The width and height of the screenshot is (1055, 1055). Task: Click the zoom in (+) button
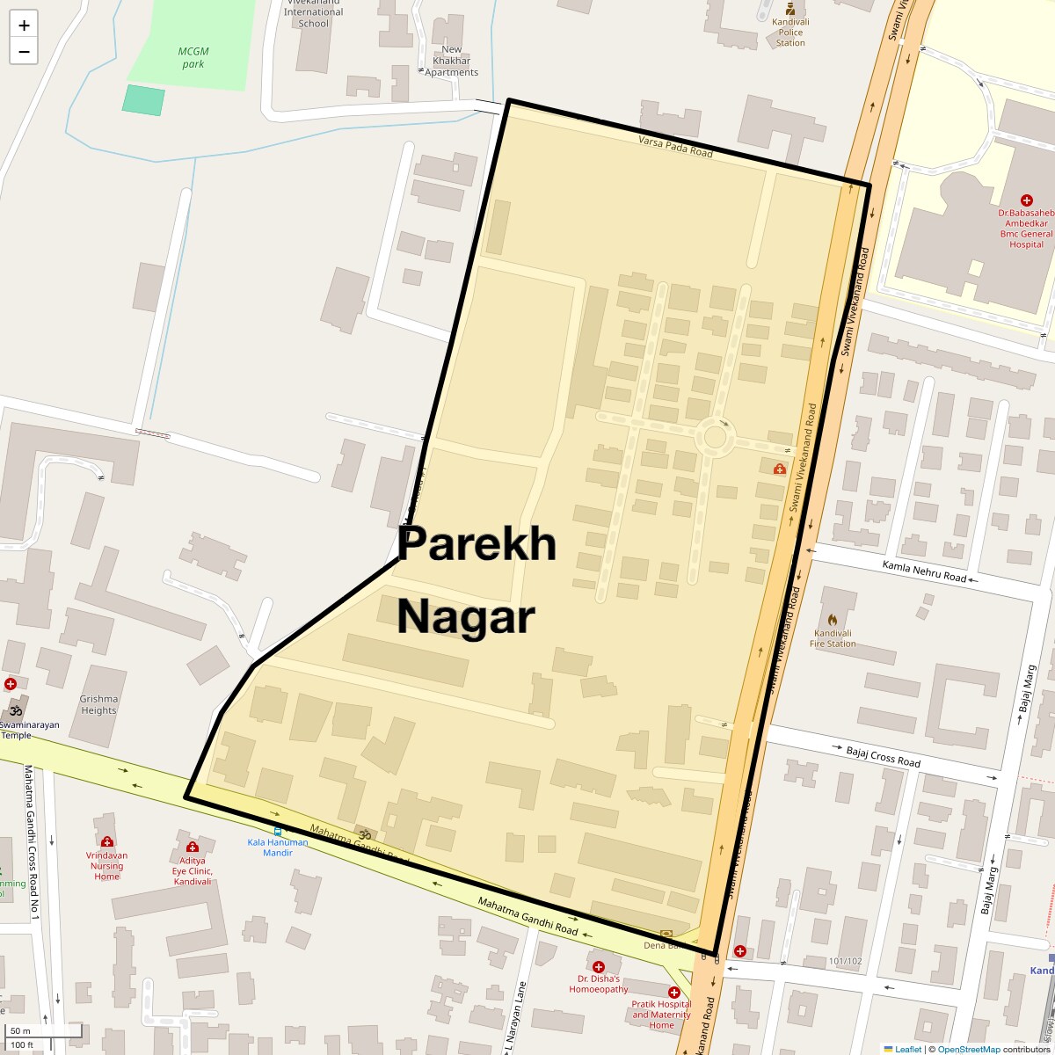24,25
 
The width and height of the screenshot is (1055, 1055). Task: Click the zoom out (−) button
24,51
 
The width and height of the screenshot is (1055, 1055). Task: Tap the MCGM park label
193,57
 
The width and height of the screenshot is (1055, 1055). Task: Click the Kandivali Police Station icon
789,9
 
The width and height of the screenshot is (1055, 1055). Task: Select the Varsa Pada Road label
675,146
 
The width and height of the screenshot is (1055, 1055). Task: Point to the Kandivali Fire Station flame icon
833,619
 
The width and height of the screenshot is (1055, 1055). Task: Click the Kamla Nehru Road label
924,571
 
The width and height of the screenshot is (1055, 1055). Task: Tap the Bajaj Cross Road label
883,756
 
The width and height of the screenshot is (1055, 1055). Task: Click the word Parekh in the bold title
477,544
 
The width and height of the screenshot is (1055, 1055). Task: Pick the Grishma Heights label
98,704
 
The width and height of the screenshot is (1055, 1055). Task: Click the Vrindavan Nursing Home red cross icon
107,841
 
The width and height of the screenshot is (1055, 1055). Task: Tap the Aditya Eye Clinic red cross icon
193,847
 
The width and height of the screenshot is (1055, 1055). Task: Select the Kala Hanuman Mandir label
278,848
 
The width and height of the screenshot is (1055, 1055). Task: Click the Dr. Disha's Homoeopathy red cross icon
599,966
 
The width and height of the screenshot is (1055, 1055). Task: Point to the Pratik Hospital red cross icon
674,992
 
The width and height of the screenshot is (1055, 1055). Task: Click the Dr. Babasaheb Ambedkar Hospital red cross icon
1026,200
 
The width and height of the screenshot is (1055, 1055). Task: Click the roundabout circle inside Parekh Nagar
716,437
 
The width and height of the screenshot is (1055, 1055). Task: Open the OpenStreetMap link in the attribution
968,1049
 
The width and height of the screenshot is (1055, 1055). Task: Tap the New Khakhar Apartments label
452,61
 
